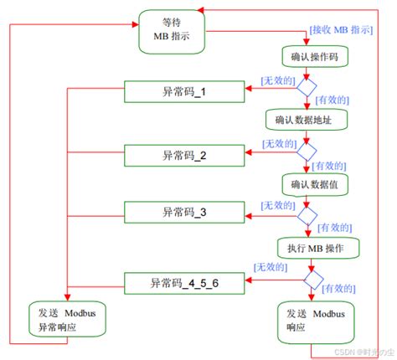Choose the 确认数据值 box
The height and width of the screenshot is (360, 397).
click(309, 183)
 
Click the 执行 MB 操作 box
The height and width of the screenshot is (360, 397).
click(317, 247)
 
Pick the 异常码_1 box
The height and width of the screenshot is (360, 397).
click(183, 91)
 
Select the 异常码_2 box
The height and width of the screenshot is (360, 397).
click(183, 154)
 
